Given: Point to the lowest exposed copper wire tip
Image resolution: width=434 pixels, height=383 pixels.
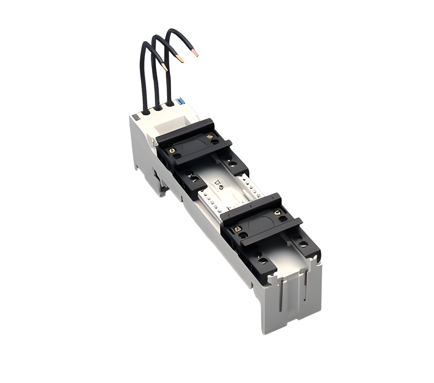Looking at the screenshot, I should [165, 67].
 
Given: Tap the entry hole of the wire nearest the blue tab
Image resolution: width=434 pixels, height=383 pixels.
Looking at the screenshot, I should [170, 104].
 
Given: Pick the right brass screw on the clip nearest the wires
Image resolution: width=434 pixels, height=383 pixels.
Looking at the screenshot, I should [211, 137].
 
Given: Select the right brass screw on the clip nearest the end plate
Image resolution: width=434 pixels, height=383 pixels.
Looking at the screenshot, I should [277, 212].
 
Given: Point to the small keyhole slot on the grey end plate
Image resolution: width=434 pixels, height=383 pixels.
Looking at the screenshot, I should [305, 300].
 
